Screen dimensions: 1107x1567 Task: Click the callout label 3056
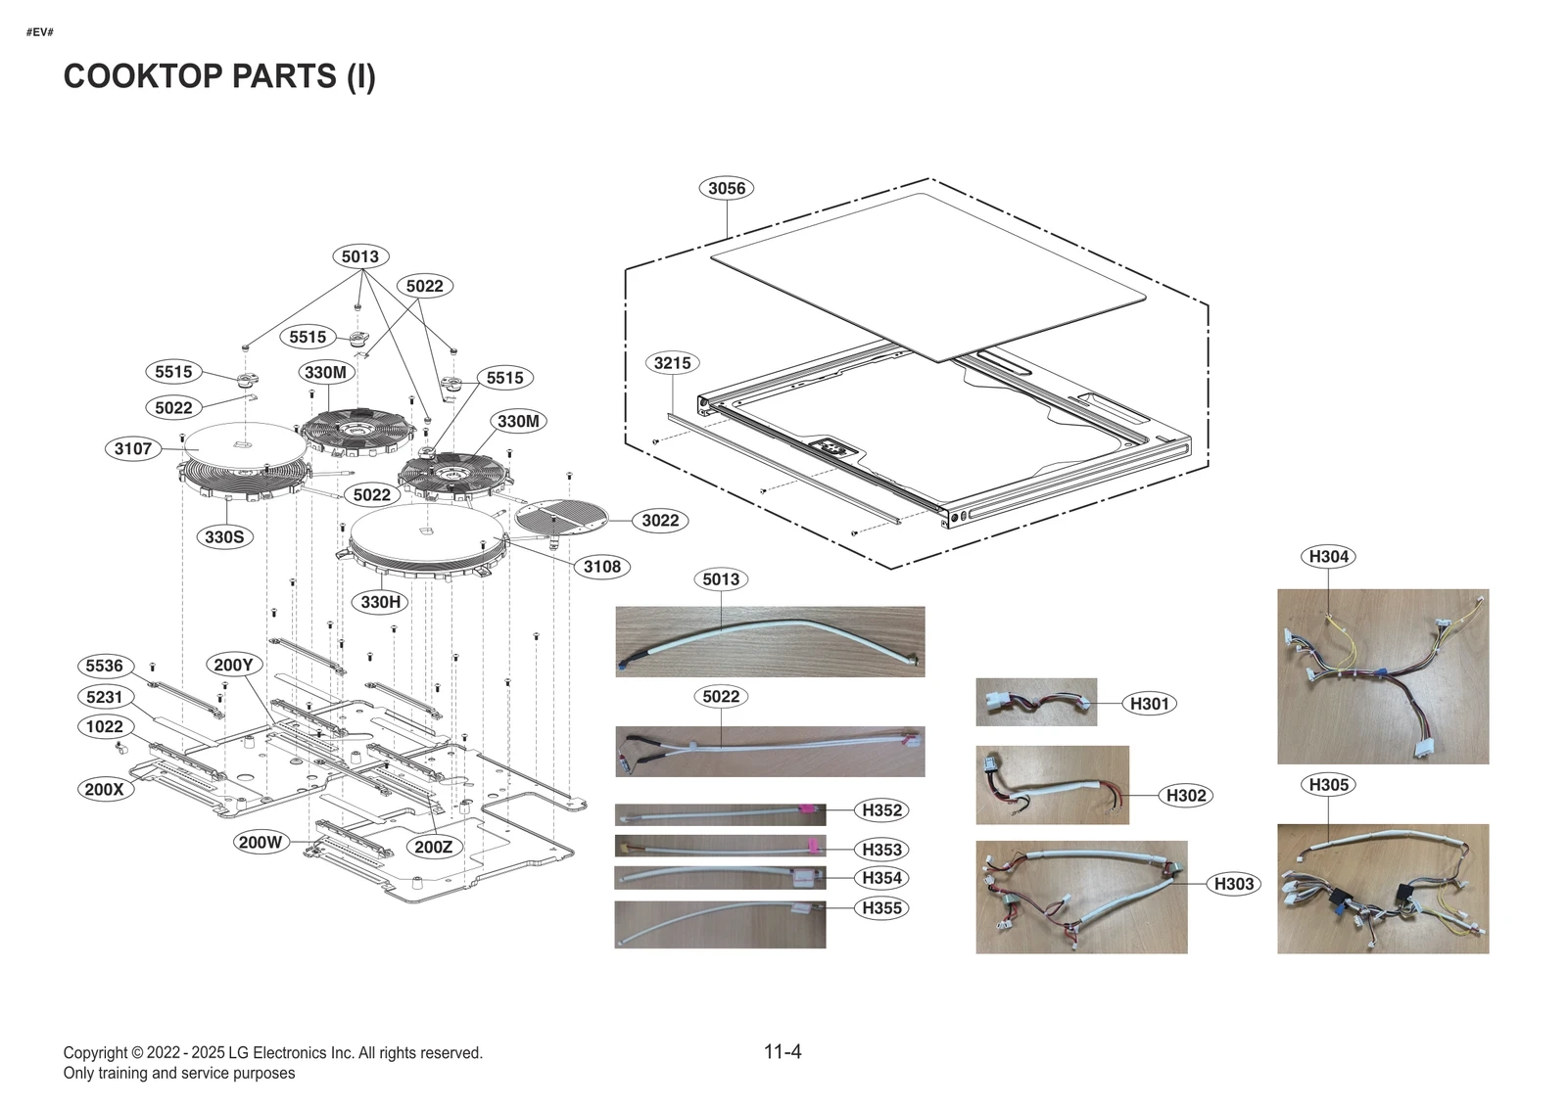pos(727,188)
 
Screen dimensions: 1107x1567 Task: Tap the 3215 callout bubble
pos(672,363)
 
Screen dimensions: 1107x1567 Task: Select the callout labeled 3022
pos(660,521)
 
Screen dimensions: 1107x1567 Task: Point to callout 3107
pos(133,449)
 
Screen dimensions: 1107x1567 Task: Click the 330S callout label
pos(224,537)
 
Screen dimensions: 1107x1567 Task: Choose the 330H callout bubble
pos(380,602)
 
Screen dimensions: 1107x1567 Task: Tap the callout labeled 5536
pos(105,667)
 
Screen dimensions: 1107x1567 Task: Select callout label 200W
pos(261,842)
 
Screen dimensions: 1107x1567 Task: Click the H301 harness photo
pos(1036,702)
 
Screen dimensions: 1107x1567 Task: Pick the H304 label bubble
pos(1329,557)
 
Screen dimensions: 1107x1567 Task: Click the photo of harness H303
pos(1081,897)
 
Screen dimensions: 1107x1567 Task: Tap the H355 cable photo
pos(720,924)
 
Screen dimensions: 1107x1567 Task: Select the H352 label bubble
pos(881,810)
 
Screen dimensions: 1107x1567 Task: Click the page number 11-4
pos(783,1052)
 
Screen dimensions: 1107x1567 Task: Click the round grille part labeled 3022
pos(561,518)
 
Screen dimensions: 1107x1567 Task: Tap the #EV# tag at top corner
pos(40,32)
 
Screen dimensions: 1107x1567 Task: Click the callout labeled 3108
pos(601,567)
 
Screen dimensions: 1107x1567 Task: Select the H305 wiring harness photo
pos(1383,889)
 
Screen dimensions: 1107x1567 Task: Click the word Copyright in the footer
pos(95,1053)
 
